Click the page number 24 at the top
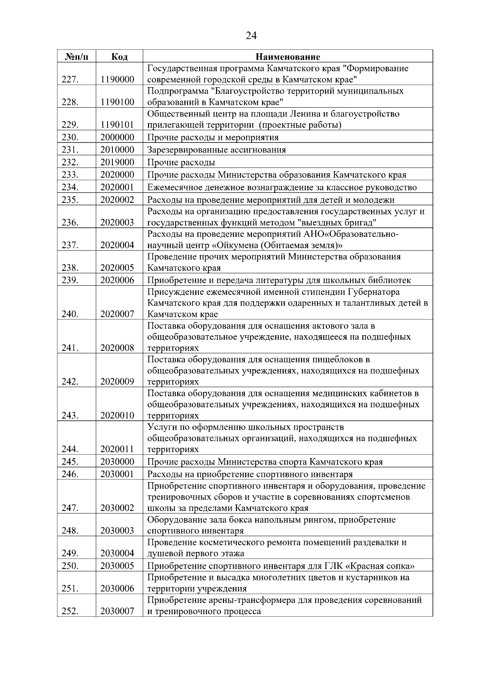tap(251, 36)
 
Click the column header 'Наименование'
tap(288, 57)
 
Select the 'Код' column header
tap(119, 57)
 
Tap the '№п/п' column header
tap(76, 57)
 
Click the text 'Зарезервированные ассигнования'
tap(216, 150)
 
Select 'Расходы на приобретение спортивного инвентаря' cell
tap(250, 475)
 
